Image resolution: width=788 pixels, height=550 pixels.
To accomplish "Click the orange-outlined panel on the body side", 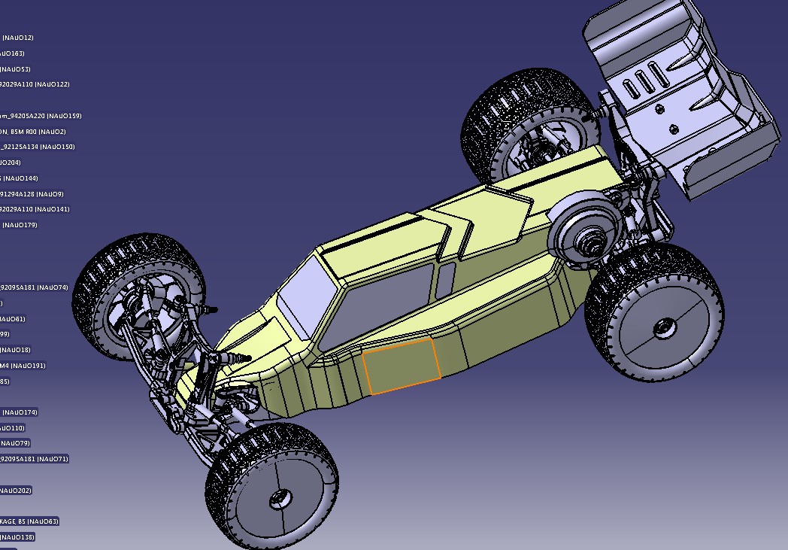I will coord(401,366).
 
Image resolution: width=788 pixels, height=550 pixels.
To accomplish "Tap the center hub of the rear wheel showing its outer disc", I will coord(663,327).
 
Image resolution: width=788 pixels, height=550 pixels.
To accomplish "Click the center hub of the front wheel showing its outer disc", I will coord(280,497).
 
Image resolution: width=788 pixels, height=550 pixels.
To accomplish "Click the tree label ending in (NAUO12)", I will coord(17,38).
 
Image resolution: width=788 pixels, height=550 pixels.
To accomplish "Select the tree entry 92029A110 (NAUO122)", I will coord(34,84).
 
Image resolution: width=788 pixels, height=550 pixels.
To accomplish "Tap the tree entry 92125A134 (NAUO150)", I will coord(37,147).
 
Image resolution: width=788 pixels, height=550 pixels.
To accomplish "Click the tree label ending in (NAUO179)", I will coord(19,225).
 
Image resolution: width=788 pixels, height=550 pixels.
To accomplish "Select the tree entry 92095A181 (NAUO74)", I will coord(33,287).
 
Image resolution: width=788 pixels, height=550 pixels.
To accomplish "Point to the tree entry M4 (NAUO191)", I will coord(23,366).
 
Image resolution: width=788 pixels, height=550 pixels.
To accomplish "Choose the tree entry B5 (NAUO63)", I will coord(29,521).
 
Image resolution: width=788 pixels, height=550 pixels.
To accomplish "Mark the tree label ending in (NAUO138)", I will coord(17,537).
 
